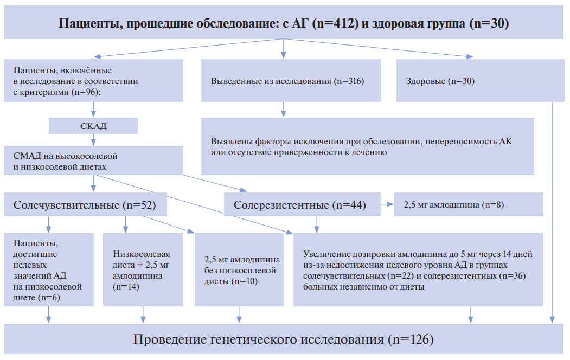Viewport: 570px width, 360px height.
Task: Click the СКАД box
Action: pos(93,126)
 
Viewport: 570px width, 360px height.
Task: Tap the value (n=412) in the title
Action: pos(337,23)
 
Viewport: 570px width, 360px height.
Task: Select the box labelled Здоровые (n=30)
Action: pos(480,81)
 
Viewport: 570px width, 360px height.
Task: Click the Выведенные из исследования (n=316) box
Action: pos(291,81)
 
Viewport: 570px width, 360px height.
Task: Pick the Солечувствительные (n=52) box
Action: pos(86,204)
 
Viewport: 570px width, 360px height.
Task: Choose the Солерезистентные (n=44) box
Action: pos(302,204)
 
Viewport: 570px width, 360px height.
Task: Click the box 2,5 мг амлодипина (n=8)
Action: pos(469,204)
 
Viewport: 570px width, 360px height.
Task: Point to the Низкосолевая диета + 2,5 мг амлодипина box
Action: pos(143,269)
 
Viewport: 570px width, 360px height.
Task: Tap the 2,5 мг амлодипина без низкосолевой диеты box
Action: pos(239,269)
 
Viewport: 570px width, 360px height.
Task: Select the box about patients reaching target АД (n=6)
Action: pos(49,269)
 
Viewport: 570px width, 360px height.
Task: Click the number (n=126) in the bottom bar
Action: pos(411,339)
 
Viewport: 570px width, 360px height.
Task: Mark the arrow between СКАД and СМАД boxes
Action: pos(93,140)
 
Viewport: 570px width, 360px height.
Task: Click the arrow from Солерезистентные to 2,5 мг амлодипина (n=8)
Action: pos(388,204)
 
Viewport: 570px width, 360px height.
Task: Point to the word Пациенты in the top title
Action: pos(90,24)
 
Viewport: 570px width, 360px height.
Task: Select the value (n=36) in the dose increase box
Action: pos(513,276)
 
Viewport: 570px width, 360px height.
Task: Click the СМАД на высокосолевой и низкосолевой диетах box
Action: pos(93,160)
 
